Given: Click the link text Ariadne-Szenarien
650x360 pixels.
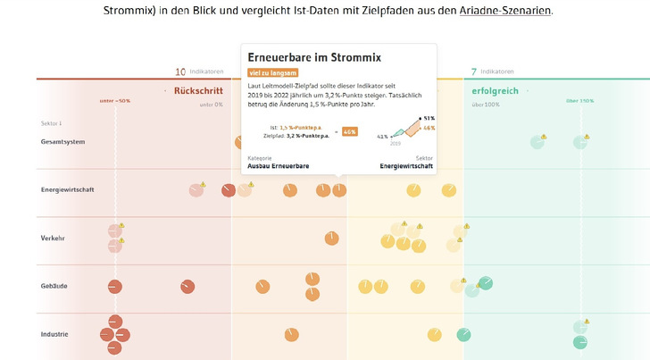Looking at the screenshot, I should tap(505, 11).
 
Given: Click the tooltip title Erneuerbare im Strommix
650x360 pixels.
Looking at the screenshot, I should tap(314, 57).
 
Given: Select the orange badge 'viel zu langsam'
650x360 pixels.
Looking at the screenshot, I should tap(273, 72).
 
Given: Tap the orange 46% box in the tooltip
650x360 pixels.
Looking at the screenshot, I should tap(349, 131).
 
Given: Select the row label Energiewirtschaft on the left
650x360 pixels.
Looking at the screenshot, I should tap(68, 189).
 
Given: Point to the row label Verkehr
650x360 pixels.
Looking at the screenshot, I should tap(54, 238).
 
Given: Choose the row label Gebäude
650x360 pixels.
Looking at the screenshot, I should tap(54, 286).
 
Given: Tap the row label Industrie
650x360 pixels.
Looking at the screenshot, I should tap(55, 334).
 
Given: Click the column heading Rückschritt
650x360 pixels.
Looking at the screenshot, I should tap(198, 90).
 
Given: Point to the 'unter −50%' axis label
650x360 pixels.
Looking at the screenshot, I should tap(115, 100).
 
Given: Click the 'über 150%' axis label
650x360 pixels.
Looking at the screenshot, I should tap(579, 100).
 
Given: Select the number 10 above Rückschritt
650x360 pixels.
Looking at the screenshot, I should tap(181, 71).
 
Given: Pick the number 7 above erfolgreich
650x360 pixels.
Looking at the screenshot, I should tap(473, 71).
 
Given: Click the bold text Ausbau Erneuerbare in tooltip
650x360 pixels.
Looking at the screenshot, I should tap(279, 166).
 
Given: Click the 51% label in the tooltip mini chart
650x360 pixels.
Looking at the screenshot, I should tap(429, 118).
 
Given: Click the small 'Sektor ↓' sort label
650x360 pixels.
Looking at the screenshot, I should tap(51, 123).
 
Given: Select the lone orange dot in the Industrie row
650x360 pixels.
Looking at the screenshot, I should tap(291, 333).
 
